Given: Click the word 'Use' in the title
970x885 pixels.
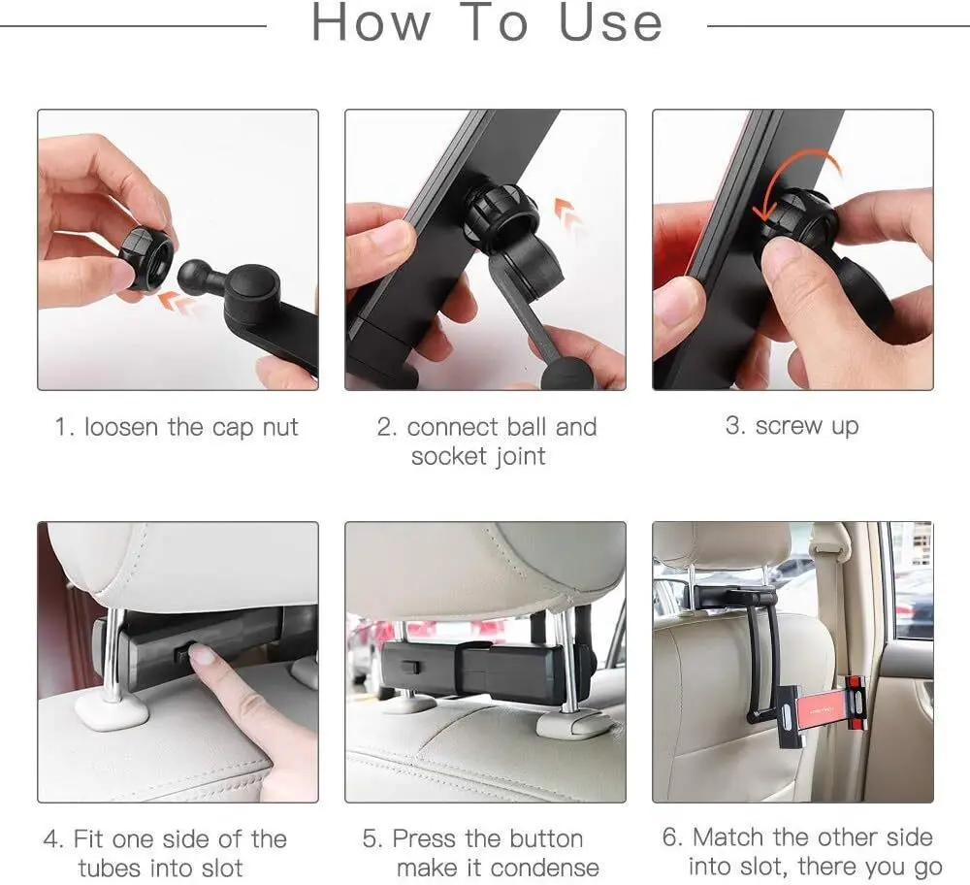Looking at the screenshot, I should (x=610, y=22).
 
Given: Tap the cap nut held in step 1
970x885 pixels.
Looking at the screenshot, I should (x=146, y=258).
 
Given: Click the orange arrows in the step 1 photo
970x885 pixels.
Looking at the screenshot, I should (x=178, y=302).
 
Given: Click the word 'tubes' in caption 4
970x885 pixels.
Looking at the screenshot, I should (x=114, y=868).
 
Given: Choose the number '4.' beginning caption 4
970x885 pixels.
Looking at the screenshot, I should (x=53, y=838).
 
